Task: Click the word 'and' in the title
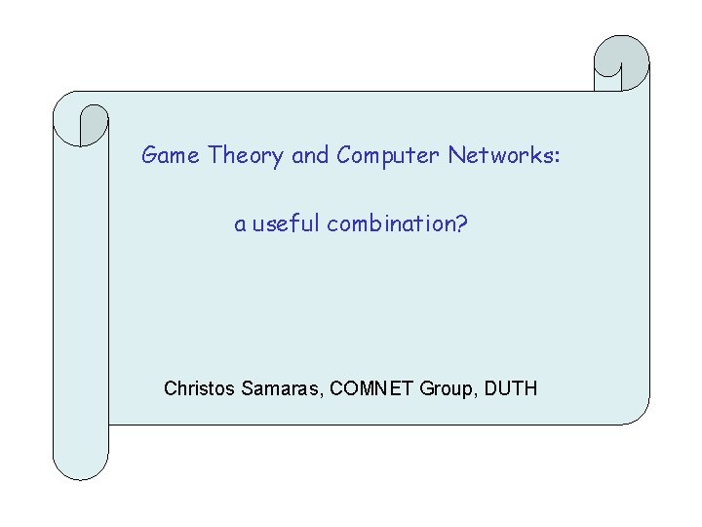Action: click(310, 155)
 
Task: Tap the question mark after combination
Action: click(461, 224)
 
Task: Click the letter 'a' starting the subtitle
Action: click(239, 226)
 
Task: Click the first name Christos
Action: click(198, 388)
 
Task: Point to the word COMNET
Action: click(373, 388)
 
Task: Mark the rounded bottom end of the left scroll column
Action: click(81, 466)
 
